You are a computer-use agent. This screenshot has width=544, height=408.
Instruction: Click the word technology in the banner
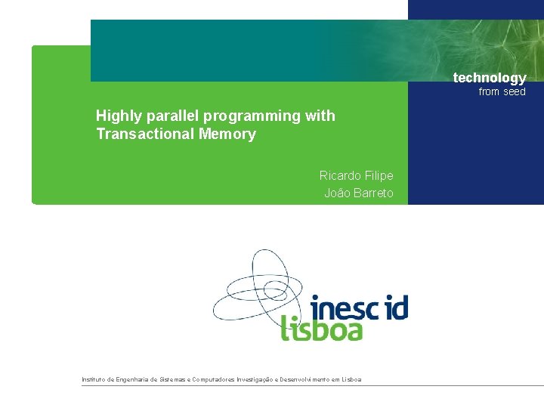tap(489, 78)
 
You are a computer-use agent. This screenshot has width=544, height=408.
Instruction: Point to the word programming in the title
tap(254, 116)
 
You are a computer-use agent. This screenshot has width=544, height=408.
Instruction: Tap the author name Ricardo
tap(341, 175)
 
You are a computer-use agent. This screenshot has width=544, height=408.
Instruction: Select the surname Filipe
tap(380, 175)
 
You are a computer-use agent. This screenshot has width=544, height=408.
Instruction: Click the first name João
tap(337, 193)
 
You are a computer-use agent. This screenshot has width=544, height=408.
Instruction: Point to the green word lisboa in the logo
tap(322, 329)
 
